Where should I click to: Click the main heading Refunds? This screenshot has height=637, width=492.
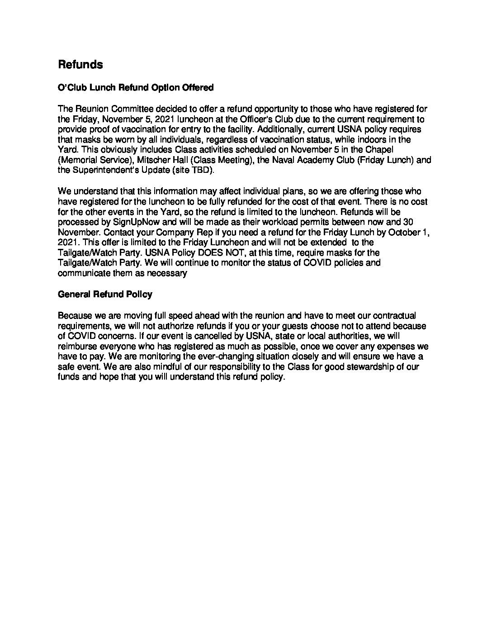[80, 65]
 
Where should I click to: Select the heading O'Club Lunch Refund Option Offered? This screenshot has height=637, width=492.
[136, 87]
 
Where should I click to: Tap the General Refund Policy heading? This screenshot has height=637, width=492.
[105, 295]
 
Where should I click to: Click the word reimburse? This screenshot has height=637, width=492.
[77, 347]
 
